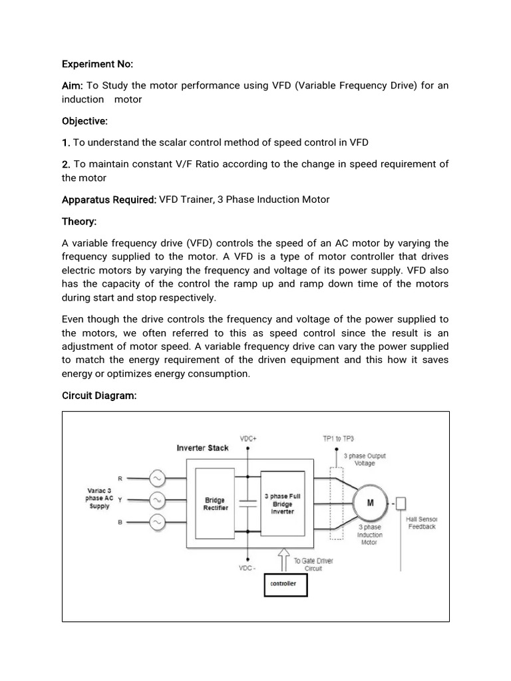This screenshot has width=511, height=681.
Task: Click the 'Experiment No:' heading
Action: click(97, 65)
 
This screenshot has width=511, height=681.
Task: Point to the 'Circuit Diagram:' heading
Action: click(99, 396)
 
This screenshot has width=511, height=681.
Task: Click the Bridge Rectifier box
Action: click(214, 503)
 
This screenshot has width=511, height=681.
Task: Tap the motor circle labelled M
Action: click(369, 503)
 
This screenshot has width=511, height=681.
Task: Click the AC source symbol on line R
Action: click(158, 477)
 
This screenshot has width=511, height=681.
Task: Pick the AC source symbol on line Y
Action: click(158, 500)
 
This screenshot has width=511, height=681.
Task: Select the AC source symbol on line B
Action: click(158, 523)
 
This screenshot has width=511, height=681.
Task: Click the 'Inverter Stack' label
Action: click(202, 448)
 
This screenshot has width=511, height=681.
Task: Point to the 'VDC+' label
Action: click(249, 439)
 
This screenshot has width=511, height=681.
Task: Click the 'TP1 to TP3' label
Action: click(338, 439)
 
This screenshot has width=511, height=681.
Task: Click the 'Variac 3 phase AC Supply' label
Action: click(99, 497)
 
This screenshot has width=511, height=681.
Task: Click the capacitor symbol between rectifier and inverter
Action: click(248, 503)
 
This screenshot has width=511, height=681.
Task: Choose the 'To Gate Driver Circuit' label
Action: click(314, 565)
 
